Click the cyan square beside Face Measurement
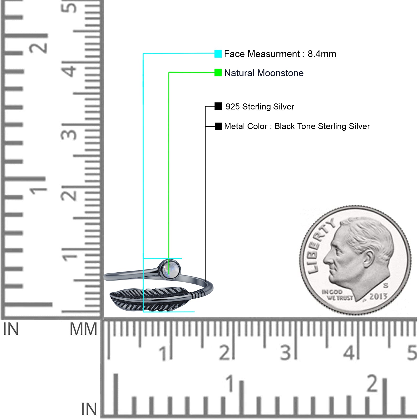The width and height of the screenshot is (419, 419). point(218,54)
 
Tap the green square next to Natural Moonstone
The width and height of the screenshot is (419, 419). point(218,73)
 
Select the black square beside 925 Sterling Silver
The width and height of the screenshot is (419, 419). point(218,106)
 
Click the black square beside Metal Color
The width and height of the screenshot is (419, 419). point(218,126)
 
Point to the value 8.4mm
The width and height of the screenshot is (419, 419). point(322,54)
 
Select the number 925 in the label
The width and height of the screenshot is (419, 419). point(233,107)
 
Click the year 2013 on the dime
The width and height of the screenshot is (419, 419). point(378,296)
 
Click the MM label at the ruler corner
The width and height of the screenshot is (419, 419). point(83,329)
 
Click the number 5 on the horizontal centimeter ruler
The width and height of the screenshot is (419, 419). point(412,353)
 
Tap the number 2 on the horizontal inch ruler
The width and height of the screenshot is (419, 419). point(372,383)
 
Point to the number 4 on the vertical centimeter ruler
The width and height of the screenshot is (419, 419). point(69,70)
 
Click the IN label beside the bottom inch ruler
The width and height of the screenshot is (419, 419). point(89,409)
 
